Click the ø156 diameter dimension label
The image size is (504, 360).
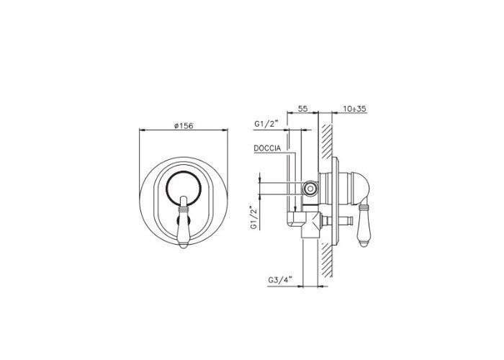coord(184,126)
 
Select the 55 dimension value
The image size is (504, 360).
coord(303,109)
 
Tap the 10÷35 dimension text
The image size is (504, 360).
coord(354,109)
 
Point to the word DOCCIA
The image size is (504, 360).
coord(267,148)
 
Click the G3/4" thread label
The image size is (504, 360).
coord(279,280)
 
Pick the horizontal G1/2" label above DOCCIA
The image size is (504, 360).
coord(266,124)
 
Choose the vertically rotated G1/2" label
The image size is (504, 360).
coord(255,217)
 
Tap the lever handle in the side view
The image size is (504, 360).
coord(364,226)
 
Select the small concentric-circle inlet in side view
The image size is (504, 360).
coord(310,189)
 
